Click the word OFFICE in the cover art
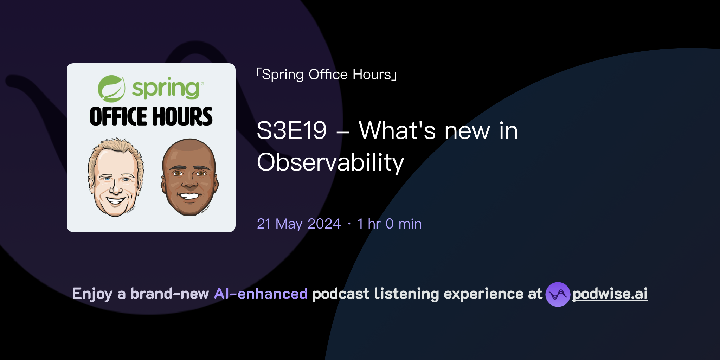pyautogui.click(x=118, y=116)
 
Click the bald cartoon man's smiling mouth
pyautogui.click(x=189, y=195)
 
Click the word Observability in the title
pyautogui.click(x=330, y=162)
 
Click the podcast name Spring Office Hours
pyautogui.click(x=327, y=75)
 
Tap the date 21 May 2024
pyautogui.click(x=299, y=224)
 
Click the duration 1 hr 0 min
pyautogui.click(x=389, y=224)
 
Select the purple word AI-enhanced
pyautogui.click(x=261, y=294)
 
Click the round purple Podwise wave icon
pyautogui.click(x=558, y=294)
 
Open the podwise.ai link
pyautogui.click(x=610, y=294)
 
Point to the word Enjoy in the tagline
pyautogui.click(x=92, y=294)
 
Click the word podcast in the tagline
pyautogui.click(x=341, y=294)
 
